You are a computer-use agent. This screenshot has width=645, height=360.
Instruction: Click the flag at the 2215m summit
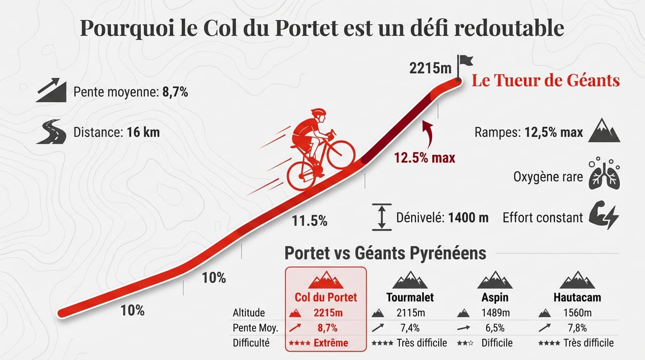pos(465,61)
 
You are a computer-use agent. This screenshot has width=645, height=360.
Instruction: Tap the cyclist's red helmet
pos(318,114)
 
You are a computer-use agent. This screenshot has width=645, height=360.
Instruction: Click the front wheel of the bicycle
pos(341,154)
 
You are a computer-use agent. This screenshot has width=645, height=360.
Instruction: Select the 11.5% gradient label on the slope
pos(309,220)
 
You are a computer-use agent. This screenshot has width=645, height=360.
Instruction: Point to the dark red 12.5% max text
pos(425,157)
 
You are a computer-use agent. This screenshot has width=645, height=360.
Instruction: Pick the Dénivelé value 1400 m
pos(468,217)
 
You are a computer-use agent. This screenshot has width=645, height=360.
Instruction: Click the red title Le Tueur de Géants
pos(546,81)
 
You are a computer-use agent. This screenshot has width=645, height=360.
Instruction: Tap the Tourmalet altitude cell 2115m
pos(410,313)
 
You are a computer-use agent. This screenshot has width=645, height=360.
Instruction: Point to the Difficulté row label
pos(251,343)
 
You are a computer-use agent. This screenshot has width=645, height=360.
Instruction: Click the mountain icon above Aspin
pos(495,280)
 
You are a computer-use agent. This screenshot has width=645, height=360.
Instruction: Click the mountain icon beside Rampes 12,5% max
pos(604,131)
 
